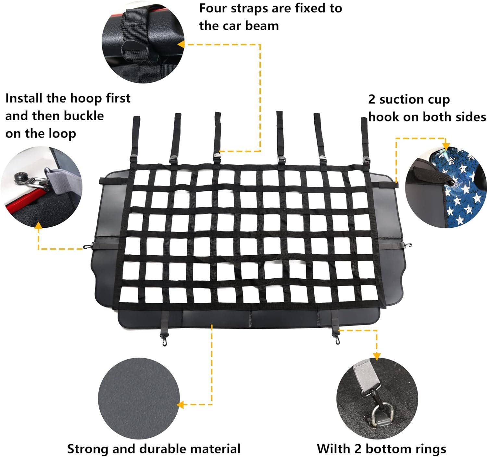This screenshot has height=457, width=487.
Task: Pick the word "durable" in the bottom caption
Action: (158, 449)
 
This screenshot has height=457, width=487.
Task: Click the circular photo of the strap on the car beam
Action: (143, 42)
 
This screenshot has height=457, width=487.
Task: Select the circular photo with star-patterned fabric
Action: (446, 187)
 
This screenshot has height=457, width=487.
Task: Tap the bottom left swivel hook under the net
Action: (164, 339)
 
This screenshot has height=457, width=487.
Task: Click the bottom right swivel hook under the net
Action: (336, 337)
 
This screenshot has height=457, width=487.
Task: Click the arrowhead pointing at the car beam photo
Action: (181, 44)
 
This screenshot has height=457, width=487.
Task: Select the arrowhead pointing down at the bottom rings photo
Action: (377, 356)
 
